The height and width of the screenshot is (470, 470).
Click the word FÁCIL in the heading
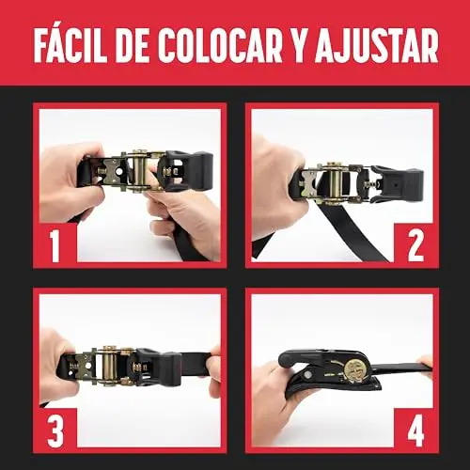tap(70, 46)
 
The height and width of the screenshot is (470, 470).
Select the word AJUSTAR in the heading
tap(376, 46)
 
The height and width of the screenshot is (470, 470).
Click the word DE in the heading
tap(133, 46)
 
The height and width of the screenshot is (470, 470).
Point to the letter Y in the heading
tap(298, 46)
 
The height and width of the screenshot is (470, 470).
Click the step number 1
tap(55, 245)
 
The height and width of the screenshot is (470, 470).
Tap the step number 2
tap(415, 245)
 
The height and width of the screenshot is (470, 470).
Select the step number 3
tap(55, 431)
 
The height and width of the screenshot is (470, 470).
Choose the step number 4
tap(415, 431)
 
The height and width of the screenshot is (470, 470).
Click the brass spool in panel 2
tap(336, 183)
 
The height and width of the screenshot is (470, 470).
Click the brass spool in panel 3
tap(108, 365)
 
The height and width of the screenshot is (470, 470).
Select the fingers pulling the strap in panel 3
tap(214, 364)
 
